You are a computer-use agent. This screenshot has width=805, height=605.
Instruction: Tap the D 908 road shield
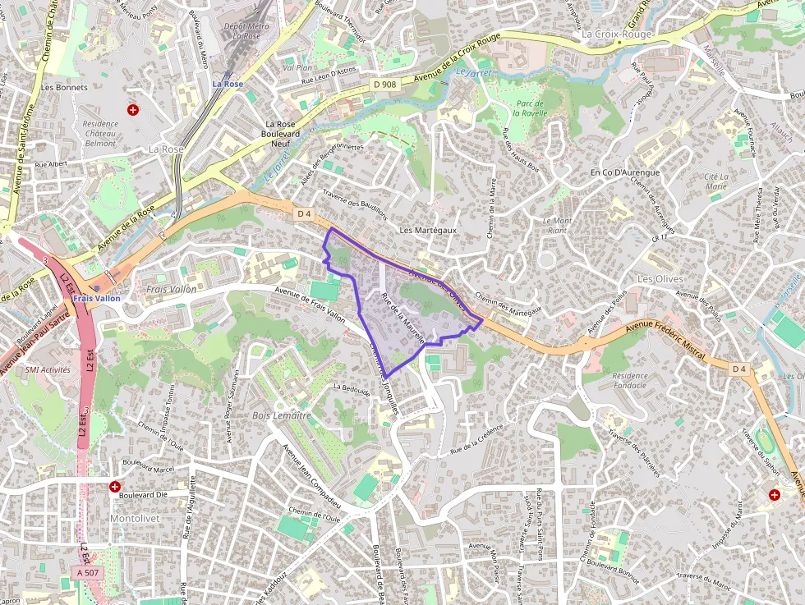[x=383, y=84]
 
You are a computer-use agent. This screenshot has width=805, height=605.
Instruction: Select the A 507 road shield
[x=85, y=571]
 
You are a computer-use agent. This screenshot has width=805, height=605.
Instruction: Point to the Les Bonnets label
[x=58, y=87]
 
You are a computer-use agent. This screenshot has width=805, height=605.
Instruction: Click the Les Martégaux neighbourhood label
[x=427, y=231]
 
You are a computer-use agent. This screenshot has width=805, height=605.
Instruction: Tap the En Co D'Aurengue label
[x=625, y=173]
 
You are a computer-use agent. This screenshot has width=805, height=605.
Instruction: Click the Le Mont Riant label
[x=557, y=225]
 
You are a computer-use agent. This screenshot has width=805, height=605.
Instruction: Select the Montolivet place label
[x=135, y=519]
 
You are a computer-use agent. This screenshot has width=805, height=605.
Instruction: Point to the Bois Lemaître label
[x=282, y=415]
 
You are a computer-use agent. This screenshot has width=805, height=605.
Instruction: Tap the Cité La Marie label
[x=716, y=181]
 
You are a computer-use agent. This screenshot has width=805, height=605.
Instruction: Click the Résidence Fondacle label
[x=630, y=380]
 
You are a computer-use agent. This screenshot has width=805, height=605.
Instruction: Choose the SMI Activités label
[x=48, y=370]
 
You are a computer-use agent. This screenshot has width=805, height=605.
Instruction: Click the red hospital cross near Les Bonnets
[x=132, y=109]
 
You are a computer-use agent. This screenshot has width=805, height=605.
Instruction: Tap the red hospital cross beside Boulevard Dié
[x=114, y=487]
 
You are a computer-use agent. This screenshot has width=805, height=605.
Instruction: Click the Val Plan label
[x=297, y=68]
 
